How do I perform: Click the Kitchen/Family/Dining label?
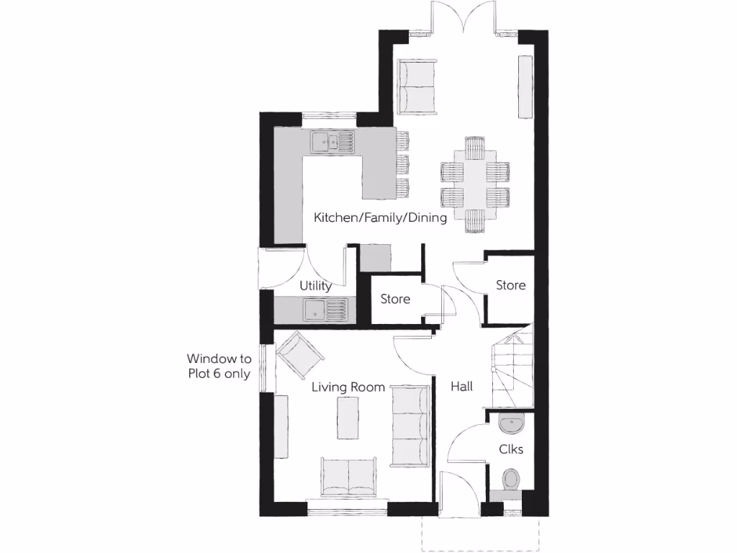[379, 217]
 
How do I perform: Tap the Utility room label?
[316, 286]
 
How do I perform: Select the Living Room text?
[348, 387]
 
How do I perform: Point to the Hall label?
[461, 387]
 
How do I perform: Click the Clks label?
[511, 449]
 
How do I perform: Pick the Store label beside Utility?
[395, 299]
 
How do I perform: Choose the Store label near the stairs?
[510, 285]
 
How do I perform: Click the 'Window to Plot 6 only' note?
[219, 365]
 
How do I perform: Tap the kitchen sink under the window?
[333, 142]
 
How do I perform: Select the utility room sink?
[325, 310]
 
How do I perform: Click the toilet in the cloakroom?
[511, 480]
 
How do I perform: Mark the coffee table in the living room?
[348, 418]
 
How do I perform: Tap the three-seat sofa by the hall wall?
[411, 423]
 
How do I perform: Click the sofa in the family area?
[416, 86]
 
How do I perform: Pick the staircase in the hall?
[512, 367]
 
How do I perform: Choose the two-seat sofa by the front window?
[348, 477]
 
